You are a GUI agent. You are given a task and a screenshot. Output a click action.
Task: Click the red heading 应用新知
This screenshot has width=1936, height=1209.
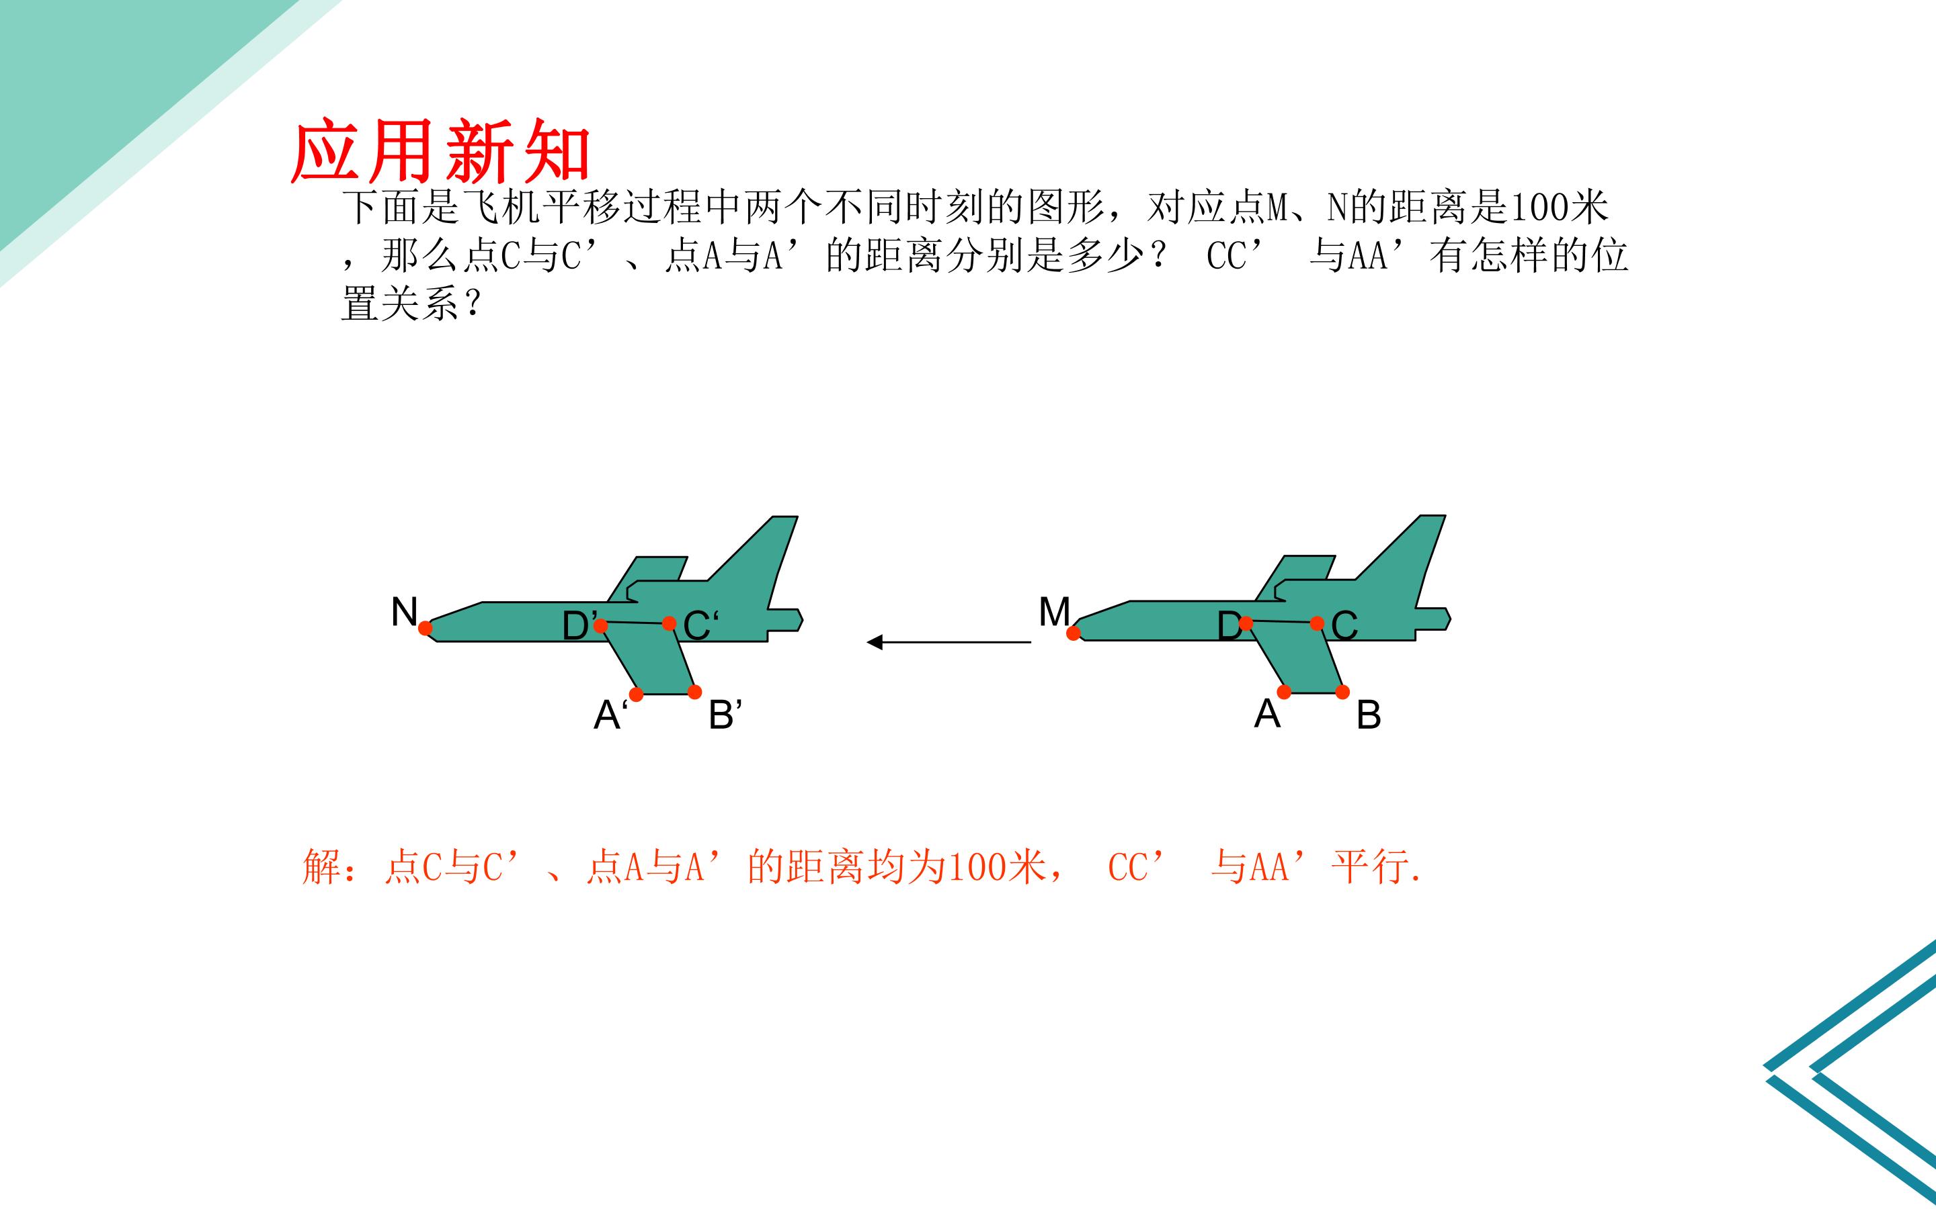441,151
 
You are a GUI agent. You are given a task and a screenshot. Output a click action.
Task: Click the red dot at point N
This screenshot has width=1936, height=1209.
426,629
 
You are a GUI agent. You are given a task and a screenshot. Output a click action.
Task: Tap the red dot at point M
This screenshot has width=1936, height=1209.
1074,633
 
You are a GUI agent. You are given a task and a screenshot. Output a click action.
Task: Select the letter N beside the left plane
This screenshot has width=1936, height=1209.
405,612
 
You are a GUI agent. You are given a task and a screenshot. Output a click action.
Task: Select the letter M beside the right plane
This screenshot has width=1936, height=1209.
1055,612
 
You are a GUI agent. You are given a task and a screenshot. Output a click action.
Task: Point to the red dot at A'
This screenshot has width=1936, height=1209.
636,694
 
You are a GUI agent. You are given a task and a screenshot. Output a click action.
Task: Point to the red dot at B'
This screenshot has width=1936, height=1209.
694,692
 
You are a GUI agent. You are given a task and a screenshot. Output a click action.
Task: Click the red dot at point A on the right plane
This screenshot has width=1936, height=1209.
1284,692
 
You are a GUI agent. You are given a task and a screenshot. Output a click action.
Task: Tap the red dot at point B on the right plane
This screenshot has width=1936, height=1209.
1342,692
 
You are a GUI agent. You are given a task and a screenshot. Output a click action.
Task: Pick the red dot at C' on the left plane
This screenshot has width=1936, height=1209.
670,623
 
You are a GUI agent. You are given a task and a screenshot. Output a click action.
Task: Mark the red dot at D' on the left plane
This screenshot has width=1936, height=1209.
601,625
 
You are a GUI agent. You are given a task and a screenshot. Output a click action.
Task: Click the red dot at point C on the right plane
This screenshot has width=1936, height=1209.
1317,623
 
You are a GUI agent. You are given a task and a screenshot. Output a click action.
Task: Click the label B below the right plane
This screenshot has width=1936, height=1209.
1369,715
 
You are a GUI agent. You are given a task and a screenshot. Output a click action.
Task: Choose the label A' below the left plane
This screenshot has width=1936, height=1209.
610,714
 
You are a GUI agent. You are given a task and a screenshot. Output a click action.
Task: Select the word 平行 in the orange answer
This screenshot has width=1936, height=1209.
1371,866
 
